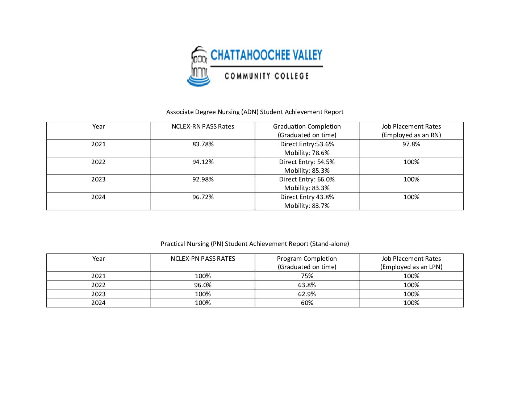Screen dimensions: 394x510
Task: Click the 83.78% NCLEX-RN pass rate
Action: [x=203, y=144]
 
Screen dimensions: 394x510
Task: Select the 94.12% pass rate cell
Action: [x=203, y=162]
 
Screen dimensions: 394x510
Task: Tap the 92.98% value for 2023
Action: [x=203, y=179]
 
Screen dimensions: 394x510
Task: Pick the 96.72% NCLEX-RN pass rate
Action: [x=203, y=197]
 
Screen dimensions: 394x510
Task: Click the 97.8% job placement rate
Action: [x=411, y=144]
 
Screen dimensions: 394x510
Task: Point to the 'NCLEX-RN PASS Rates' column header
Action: [x=203, y=126]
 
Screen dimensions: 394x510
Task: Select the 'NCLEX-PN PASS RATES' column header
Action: [x=203, y=259]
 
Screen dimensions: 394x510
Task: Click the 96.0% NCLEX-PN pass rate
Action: [x=203, y=285]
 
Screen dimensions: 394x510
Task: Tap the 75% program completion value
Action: [x=307, y=276]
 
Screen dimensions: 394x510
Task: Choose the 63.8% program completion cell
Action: [x=307, y=285]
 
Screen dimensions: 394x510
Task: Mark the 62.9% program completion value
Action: [x=307, y=294]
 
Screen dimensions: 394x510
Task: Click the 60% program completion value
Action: [x=307, y=303]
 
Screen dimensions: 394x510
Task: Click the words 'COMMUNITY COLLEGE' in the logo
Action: [x=267, y=76]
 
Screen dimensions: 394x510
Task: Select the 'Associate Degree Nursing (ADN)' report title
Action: [x=255, y=112]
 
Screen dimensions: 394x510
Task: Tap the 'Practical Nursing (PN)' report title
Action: [x=255, y=244]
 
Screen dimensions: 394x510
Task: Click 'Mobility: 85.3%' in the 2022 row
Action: [x=307, y=171]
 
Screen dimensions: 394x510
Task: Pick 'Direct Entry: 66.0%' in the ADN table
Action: [x=307, y=179]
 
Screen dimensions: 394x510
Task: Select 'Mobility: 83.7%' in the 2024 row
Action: [x=307, y=206]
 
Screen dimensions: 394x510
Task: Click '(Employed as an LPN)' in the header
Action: [x=411, y=267]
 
